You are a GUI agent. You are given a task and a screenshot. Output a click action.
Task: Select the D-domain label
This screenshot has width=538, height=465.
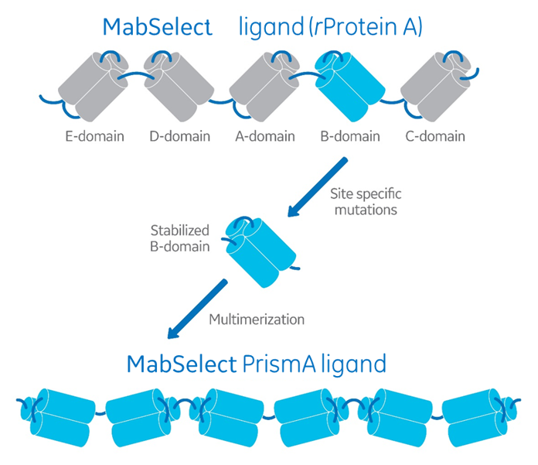click(179, 137)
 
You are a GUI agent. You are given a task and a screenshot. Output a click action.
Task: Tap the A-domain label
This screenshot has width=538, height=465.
click(264, 137)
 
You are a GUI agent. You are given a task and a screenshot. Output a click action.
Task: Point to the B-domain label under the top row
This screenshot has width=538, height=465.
click(349, 137)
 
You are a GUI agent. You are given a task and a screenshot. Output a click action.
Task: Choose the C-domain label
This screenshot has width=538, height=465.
click(435, 137)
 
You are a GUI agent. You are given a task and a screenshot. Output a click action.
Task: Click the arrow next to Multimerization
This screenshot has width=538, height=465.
click(197, 310)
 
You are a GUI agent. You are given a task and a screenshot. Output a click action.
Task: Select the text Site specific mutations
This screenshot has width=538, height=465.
click(366, 201)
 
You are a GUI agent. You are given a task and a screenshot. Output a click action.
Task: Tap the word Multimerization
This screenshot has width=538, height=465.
click(257, 319)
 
